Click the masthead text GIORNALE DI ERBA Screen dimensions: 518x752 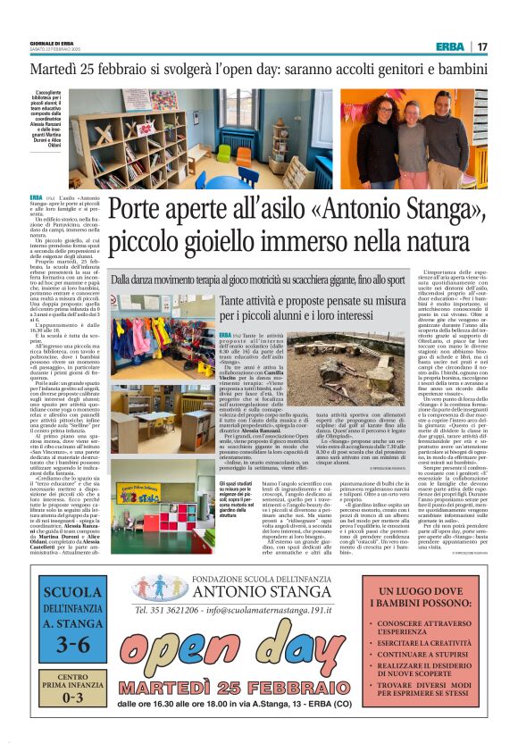coord(51,43)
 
